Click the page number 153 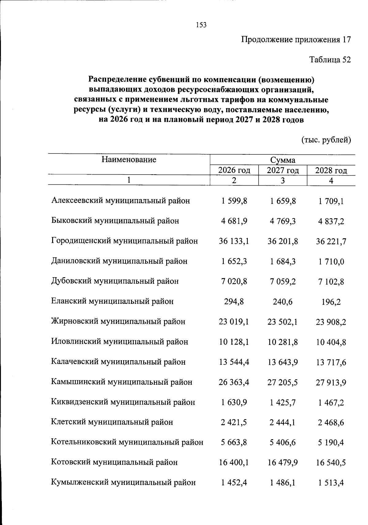click(x=201, y=25)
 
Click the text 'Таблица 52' click(x=330, y=59)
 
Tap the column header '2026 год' click(x=234, y=170)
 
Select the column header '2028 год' click(x=331, y=171)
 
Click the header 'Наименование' click(x=129, y=159)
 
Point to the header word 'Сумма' click(x=282, y=160)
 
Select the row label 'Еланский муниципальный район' click(x=112, y=301)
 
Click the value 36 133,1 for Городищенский click(x=234, y=241)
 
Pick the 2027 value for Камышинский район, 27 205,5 click(x=282, y=382)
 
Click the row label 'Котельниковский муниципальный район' click(x=127, y=442)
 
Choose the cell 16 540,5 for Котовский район click(x=331, y=463)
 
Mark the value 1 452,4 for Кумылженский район click(x=234, y=483)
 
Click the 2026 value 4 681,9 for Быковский click(x=234, y=221)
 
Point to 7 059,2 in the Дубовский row click(x=282, y=281)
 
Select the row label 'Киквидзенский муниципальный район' click(x=123, y=402)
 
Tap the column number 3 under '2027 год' click(x=282, y=181)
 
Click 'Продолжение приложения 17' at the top click(x=296, y=40)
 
